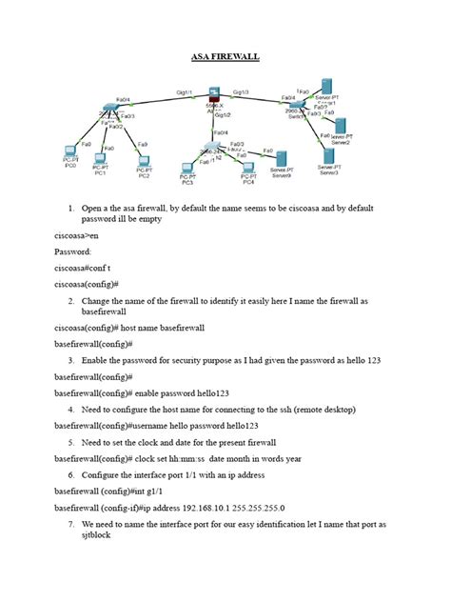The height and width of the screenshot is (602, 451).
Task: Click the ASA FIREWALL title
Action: pos(225,57)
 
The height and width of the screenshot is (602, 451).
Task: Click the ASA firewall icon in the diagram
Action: pos(214,94)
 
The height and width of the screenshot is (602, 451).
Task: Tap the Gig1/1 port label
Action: pos(185,92)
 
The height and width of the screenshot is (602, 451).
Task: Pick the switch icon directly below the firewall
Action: pos(210,148)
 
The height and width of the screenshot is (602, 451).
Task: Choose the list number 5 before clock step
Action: pos(71,442)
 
